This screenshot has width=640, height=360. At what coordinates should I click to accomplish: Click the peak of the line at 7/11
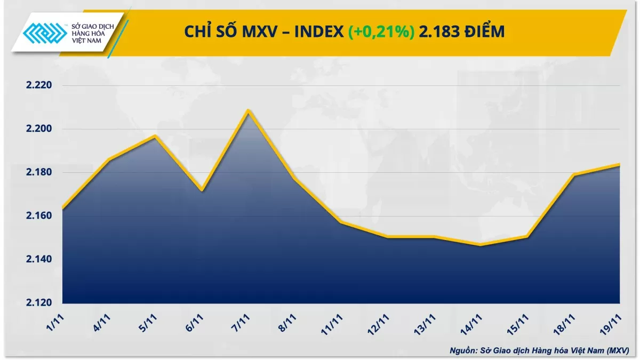coord(248,110)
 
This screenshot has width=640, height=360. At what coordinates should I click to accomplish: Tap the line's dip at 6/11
coord(201,190)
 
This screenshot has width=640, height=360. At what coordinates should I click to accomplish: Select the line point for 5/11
coord(155,136)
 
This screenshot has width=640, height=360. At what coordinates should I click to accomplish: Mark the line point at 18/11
coord(573,174)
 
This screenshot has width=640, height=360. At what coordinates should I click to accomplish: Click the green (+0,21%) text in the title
coord(381,33)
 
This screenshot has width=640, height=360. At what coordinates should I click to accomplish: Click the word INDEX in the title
coord(318,33)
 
